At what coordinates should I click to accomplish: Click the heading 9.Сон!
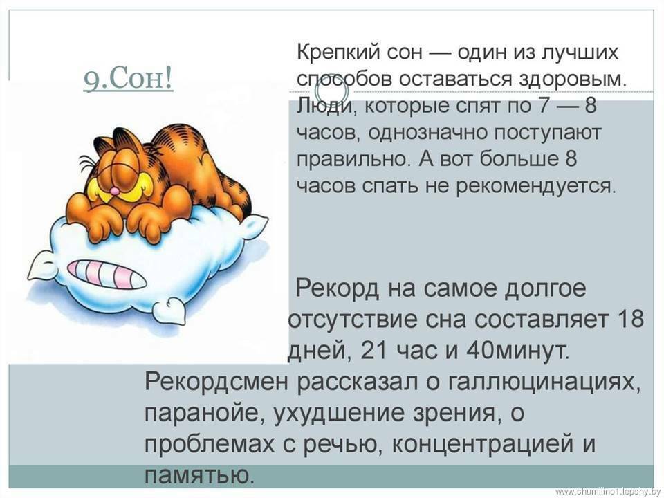(129, 79)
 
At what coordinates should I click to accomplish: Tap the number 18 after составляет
(631, 320)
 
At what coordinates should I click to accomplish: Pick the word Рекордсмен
(216, 382)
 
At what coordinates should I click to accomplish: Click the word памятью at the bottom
(199, 476)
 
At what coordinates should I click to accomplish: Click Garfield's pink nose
(114, 191)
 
